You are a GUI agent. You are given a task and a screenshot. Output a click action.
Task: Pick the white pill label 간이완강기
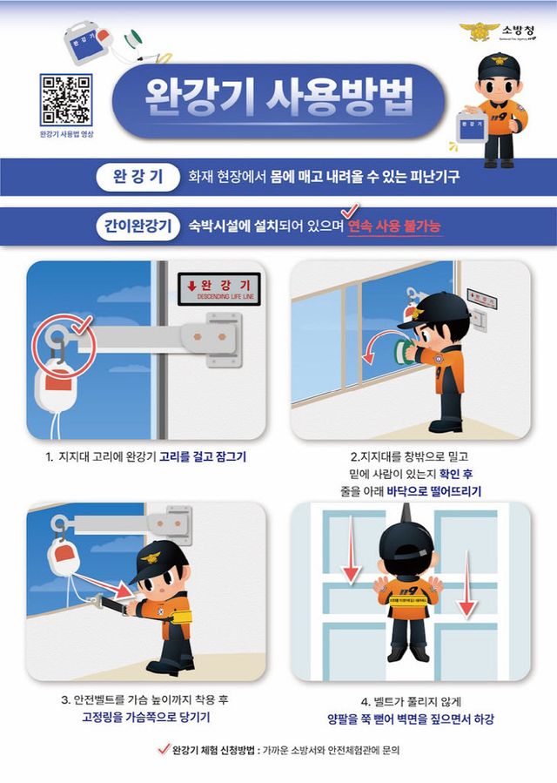(x=131, y=226)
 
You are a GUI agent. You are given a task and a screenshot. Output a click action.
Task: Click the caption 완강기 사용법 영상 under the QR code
(x=66, y=134)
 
